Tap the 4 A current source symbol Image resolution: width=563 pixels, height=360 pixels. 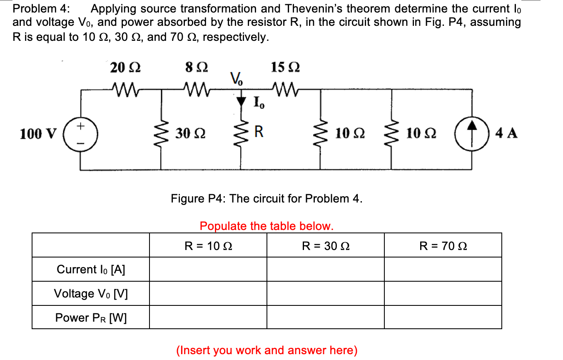471,133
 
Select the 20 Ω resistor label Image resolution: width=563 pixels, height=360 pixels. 125,67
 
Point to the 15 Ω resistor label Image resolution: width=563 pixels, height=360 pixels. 285,67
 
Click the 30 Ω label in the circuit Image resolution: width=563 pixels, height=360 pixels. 189,133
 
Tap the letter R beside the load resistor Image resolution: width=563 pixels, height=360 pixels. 259,132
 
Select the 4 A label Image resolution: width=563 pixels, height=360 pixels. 507,133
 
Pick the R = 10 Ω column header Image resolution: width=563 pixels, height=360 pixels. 208,246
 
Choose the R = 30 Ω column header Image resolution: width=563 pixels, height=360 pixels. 326,246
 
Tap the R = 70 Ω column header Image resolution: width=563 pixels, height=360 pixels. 443,246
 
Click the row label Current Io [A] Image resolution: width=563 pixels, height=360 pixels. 91,270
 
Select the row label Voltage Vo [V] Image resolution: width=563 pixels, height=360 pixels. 91,294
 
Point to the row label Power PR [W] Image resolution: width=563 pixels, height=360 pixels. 91,318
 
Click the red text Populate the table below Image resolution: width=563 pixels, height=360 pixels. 267,226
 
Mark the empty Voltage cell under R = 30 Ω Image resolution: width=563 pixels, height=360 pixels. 326,294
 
